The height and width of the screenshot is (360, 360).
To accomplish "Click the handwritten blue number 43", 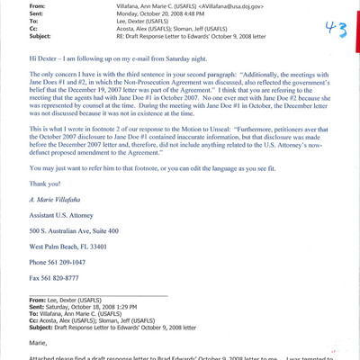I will tap(336, 29).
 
